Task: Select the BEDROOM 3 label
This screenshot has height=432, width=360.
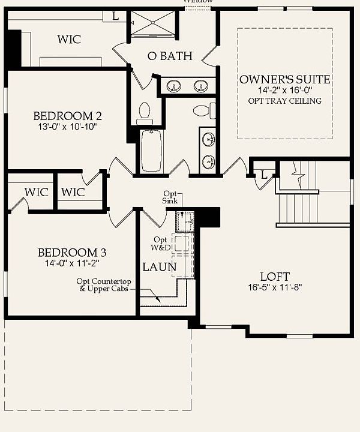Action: pos(68,253)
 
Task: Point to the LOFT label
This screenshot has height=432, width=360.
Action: pos(275,277)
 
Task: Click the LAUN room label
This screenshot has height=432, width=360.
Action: pos(159,266)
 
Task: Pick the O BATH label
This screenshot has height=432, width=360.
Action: pos(170,56)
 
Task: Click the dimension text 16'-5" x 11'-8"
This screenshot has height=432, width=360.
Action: pos(275,287)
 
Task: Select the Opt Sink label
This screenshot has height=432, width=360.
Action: pos(170,197)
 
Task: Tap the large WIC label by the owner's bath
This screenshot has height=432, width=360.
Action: pos(69,40)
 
